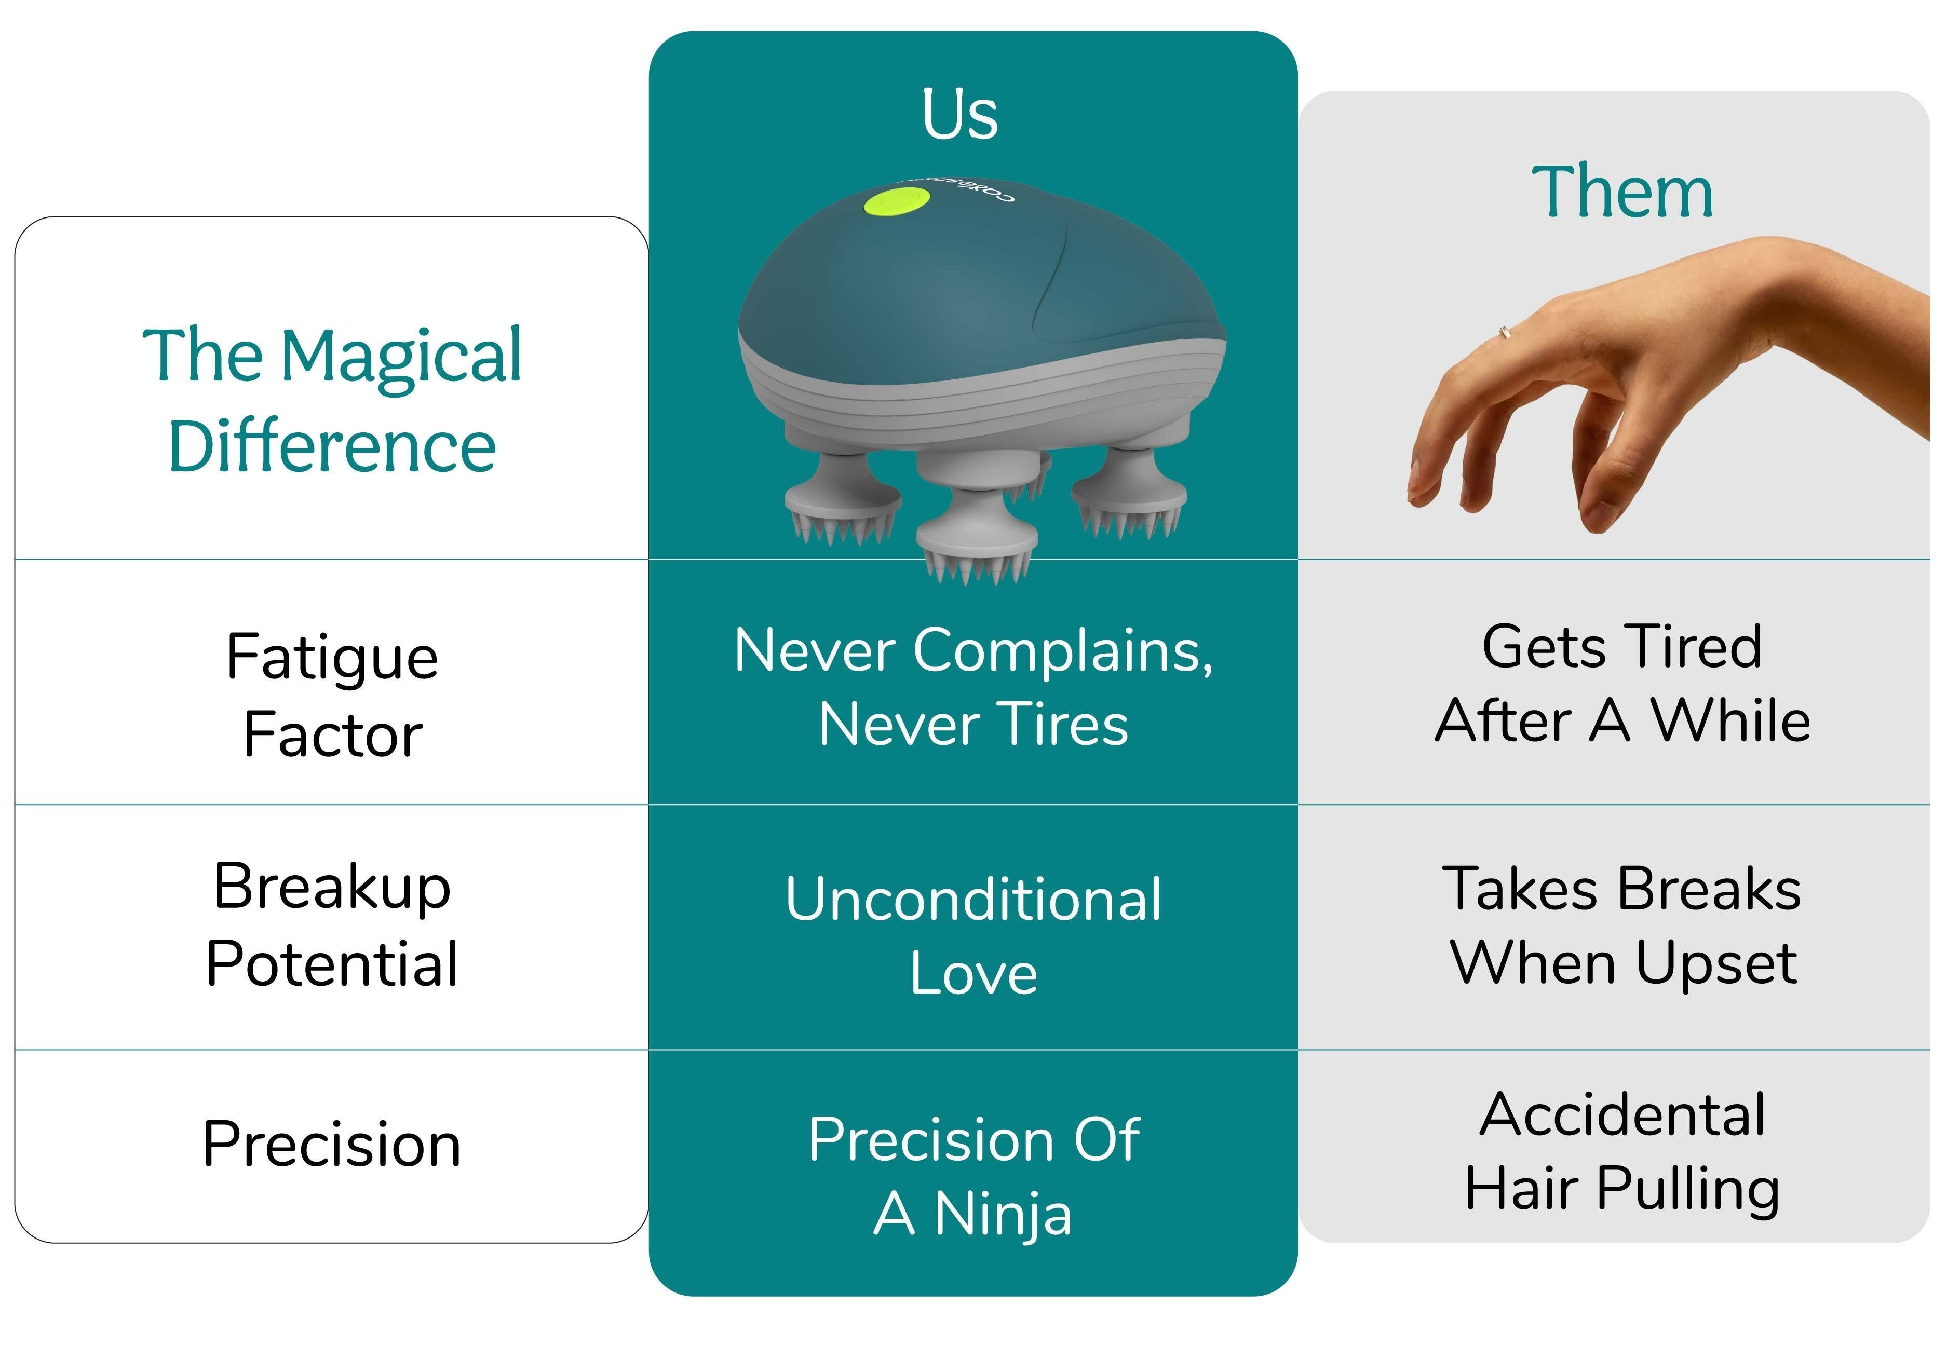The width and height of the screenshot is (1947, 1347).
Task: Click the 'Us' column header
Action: point(959,114)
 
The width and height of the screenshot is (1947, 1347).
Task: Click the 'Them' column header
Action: point(1622,193)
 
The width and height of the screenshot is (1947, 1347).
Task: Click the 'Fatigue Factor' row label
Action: point(332,695)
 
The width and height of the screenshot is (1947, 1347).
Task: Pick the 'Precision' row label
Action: point(332,1145)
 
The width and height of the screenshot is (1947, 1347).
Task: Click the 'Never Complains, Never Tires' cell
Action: point(973,687)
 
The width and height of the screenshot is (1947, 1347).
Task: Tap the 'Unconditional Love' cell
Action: point(973,935)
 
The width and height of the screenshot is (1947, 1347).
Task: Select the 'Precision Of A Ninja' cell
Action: point(973,1176)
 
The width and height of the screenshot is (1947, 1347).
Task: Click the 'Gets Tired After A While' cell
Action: point(1622,684)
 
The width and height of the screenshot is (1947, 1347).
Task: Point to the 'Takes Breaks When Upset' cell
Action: point(1622,926)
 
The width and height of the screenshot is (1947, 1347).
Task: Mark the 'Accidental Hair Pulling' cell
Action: point(1622,1151)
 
